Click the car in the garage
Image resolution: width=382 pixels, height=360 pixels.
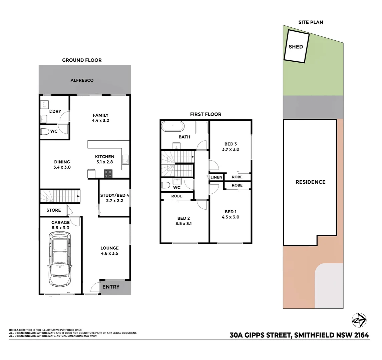coord(60,259)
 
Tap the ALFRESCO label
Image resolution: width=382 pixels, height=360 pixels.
coord(82,80)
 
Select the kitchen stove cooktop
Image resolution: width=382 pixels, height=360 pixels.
coord(108,173)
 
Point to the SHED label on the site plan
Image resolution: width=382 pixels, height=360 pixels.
coord(296,47)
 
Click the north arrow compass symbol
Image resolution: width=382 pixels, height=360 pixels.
coord(359,320)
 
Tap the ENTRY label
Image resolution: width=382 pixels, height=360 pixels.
coord(111,287)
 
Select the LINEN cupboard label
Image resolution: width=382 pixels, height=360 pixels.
coord(216,177)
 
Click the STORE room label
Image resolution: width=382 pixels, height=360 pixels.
coord(54,210)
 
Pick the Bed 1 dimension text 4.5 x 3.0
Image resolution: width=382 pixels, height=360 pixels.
coord(230,217)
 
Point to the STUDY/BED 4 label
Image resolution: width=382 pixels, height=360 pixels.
coord(114,196)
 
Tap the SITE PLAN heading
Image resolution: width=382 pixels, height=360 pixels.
coord(311,22)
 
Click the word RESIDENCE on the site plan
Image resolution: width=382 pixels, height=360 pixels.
coord(310,182)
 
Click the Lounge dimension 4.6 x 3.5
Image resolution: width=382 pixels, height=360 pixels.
coord(110,253)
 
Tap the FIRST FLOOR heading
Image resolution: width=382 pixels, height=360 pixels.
coord(206,114)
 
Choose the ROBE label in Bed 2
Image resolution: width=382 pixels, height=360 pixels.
coord(177,196)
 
